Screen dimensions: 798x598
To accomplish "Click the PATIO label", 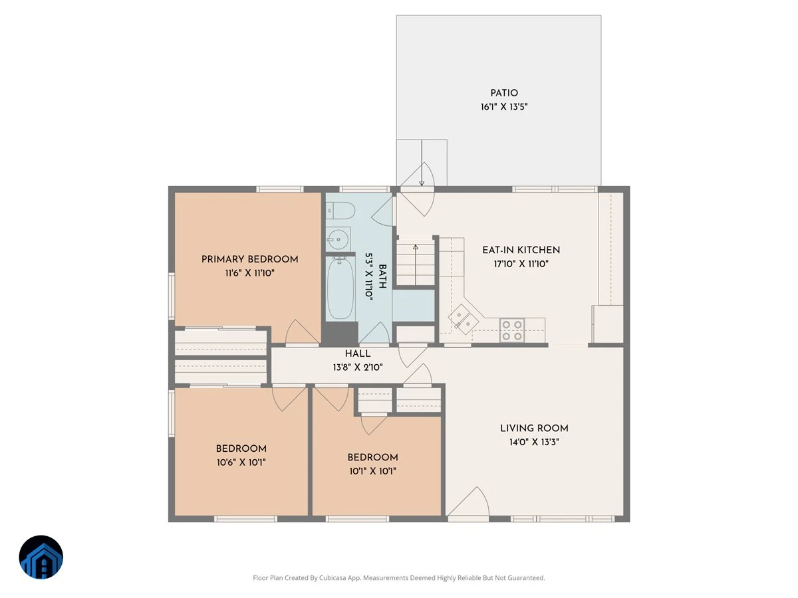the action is pos(504,93).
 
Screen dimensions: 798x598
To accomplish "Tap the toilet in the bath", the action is pos(340,211).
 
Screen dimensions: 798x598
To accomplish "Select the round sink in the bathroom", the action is pos(338,239).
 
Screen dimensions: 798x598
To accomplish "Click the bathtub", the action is pos(340,288).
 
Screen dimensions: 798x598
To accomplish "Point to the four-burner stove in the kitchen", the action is pos(512,330).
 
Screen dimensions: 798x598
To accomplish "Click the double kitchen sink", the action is pos(463,319).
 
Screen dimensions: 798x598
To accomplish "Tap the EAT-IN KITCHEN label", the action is pos(521,250).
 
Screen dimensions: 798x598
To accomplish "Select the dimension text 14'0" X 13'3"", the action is pos(534,442).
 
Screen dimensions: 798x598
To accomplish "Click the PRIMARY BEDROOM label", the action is pos(250,259).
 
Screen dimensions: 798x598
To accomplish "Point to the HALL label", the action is pos(358,353).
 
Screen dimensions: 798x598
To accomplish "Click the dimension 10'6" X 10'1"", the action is pos(241,462).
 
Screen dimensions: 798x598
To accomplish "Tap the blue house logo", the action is pos(41,557).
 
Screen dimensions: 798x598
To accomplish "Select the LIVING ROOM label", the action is pos(534,428).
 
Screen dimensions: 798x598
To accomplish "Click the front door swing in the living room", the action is pos(469,502).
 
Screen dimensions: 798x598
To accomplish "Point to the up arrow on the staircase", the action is pos(416,264).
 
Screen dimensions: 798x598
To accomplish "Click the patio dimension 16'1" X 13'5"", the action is pos(504,107).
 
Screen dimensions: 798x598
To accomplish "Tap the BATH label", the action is pos(382,276).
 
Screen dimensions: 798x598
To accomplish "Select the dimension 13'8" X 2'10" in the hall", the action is pos(358,367).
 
